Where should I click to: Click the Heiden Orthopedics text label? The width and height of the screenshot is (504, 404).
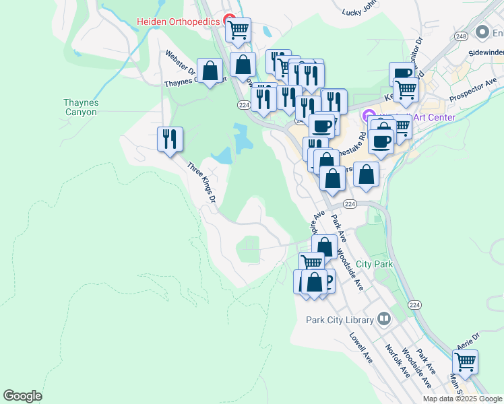[178, 22]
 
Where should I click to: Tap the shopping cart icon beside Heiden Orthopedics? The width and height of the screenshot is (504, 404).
[238, 30]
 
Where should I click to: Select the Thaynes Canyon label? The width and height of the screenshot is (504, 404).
[81, 107]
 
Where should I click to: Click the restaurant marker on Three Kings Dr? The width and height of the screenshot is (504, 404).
[170, 139]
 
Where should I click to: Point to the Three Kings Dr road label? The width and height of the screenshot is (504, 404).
[201, 182]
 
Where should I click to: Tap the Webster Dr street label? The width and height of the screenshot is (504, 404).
[181, 63]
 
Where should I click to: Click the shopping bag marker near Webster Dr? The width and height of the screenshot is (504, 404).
[210, 71]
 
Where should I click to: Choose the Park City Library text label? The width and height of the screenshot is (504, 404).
[340, 319]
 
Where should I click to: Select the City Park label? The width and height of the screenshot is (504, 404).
[374, 265]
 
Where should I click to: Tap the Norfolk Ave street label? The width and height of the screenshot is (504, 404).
[396, 361]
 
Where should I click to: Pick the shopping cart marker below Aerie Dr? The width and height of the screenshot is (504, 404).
[465, 362]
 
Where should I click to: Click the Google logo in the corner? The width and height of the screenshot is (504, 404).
[22, 396]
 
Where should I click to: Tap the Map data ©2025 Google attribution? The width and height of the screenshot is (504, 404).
[462, 399]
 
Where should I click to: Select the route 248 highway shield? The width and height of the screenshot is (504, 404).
[461, 36]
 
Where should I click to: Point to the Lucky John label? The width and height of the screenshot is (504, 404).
[361, 11]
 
